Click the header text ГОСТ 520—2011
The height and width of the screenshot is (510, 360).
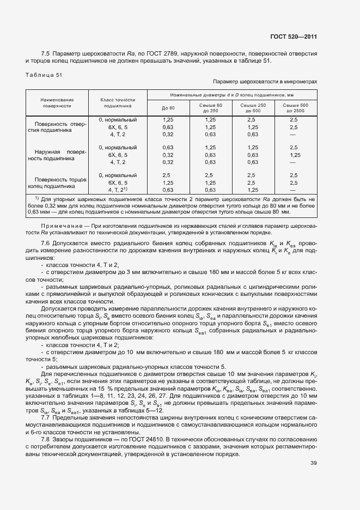(294, 37)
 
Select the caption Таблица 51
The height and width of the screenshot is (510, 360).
(43, 75)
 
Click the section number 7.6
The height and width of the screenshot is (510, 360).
(45, 242)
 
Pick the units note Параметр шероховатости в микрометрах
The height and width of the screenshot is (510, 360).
(265, 82)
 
